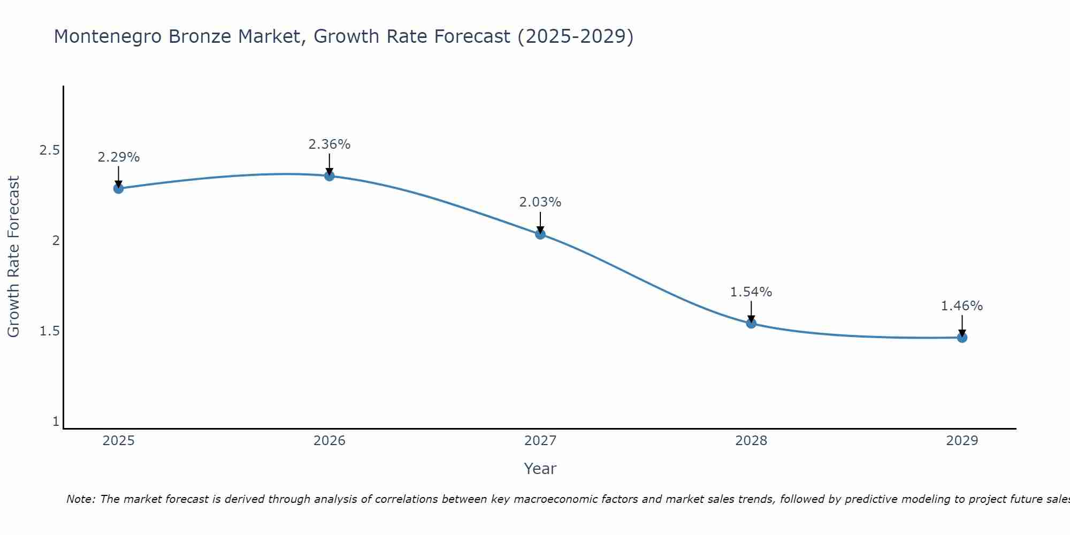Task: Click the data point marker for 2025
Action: pos(119,188)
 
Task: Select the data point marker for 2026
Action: pos(330,175)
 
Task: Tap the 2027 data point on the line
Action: pos(540,234)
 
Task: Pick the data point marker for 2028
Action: pos(751,323)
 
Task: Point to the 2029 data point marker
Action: pos(962,338)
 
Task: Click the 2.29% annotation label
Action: pos(119,157)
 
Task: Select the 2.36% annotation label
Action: pos(330,144)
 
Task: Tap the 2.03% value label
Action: pos(540,202)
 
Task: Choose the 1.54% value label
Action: pos(751,292)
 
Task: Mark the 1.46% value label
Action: pos(962,306)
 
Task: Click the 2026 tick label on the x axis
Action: pos(330,441)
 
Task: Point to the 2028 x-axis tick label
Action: pos(751,441)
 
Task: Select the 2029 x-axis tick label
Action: pos(962,441)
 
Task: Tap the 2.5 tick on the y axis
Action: pos(49,150)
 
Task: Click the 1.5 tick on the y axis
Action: pos(49,331)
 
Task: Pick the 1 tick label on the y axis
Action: pos(56,422)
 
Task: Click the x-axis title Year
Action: pos(540,469)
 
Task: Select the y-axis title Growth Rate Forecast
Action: pos(13,256)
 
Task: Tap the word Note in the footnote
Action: pos(80,499)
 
